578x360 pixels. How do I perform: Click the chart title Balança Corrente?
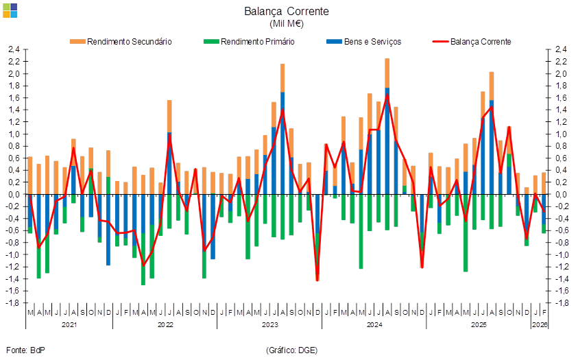pos(287,11)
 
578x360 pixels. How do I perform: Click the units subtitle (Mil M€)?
pos(287,23)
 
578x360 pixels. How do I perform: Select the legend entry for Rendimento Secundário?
pos(121,41)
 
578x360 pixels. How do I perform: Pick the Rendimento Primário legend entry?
pos(250,41)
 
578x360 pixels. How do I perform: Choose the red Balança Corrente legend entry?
pos(473,41)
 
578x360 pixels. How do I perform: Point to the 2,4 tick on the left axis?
pos(14,50)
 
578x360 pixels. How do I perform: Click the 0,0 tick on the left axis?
pos(14,195)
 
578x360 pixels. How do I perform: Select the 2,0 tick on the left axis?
pos(14,74)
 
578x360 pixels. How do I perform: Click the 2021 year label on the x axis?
pos(69,324)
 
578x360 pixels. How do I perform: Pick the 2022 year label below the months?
pos(165,324)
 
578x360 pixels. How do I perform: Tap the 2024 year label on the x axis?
pos(374,324)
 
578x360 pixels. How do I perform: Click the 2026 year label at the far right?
pos(540,324)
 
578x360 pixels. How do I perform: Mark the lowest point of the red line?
pos(317,280)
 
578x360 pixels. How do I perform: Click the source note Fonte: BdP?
pos(25,350)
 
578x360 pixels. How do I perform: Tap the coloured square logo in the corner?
pos(10,10)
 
